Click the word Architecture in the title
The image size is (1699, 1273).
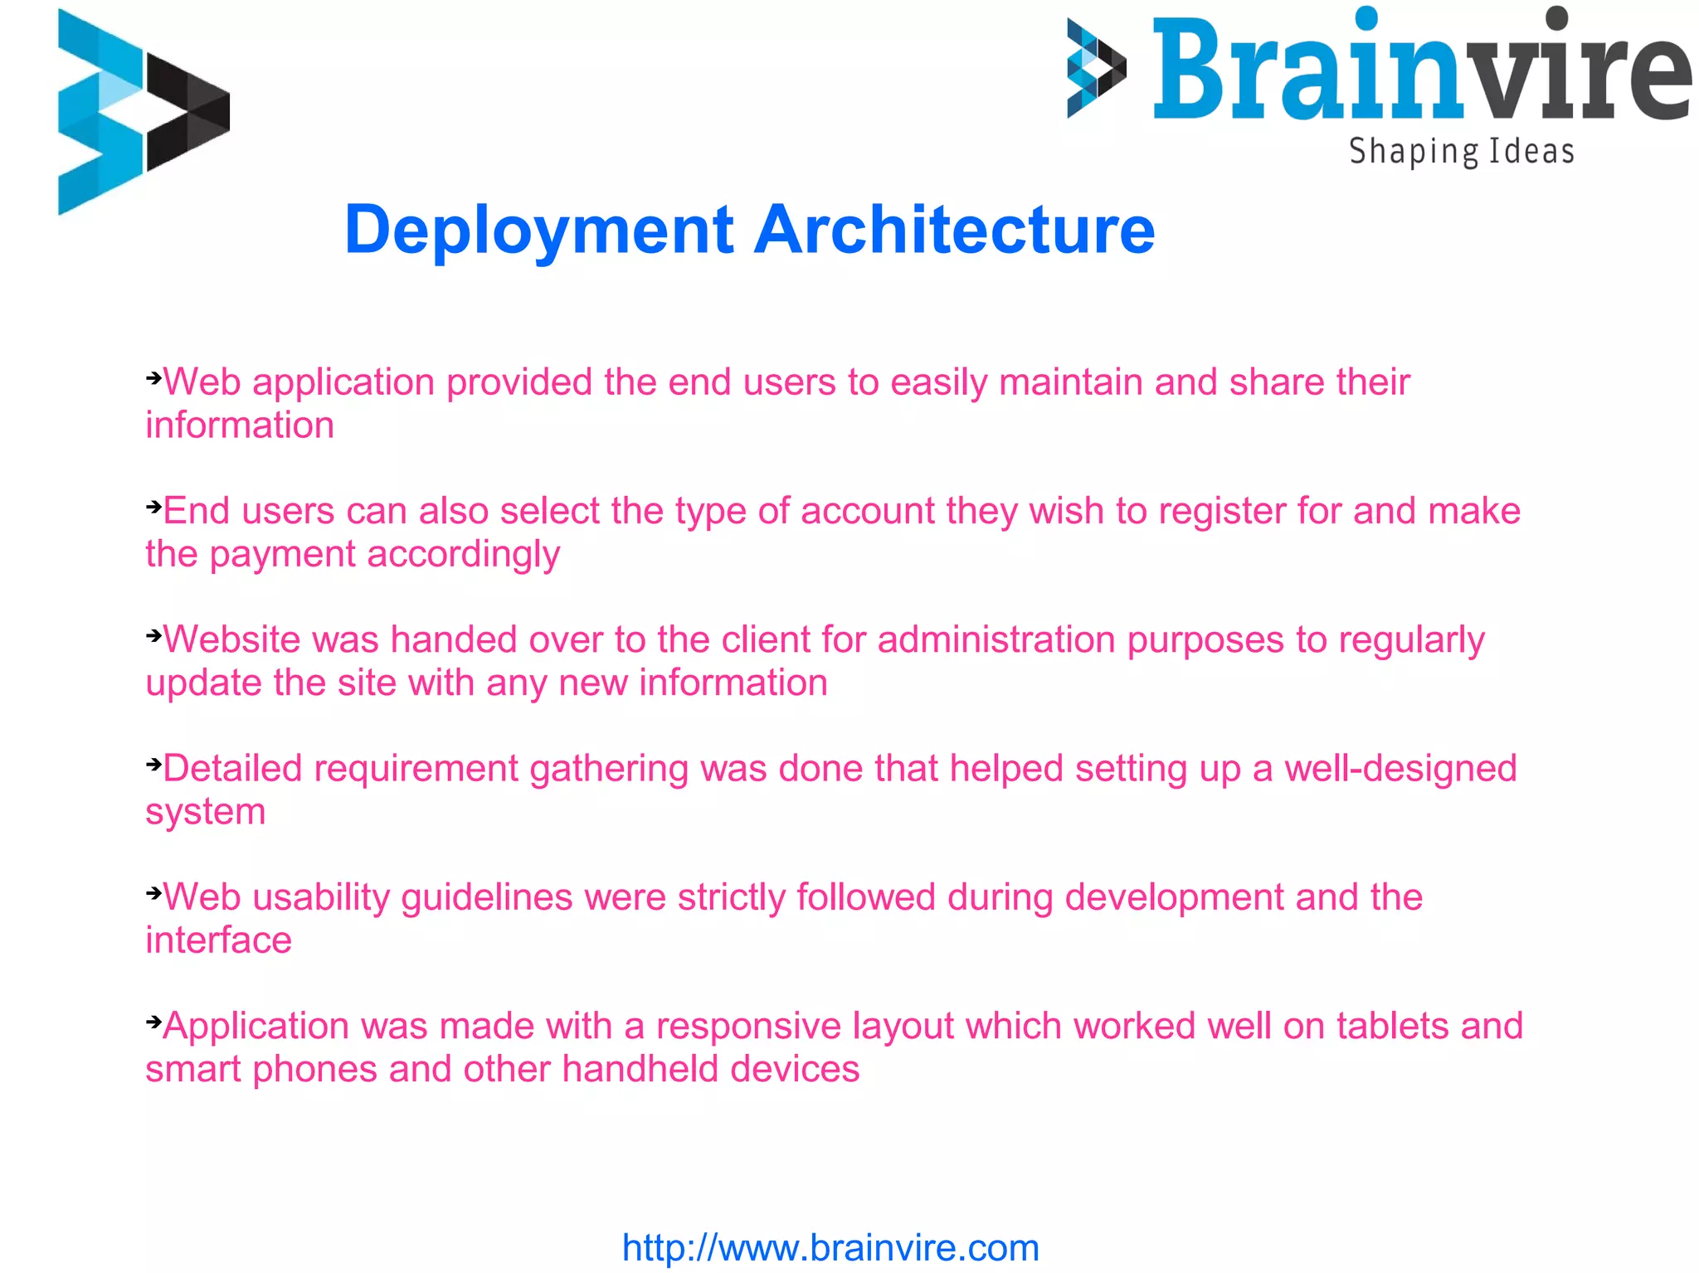[x=954, y=229]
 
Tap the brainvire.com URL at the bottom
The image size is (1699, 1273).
[x=830, y=1247]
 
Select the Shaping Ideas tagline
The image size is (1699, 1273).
[x=1461, y=152]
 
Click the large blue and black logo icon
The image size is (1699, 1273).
[x=143, y=112]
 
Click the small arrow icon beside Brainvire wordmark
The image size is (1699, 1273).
[x=1096, y=68]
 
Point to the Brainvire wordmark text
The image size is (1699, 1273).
[x=1420, y=68]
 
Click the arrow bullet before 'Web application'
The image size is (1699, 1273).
[x=153, y=379]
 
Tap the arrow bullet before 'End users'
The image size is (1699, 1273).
[x=153, y=507]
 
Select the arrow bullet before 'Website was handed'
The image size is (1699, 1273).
[x=153, y=636]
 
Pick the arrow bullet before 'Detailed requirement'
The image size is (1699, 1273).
[x=153, y=765]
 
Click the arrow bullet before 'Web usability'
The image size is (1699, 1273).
[x=153, y=893]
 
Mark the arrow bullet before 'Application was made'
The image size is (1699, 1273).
[x=153, y=1022]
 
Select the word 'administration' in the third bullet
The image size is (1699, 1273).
[x=996, y=640]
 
